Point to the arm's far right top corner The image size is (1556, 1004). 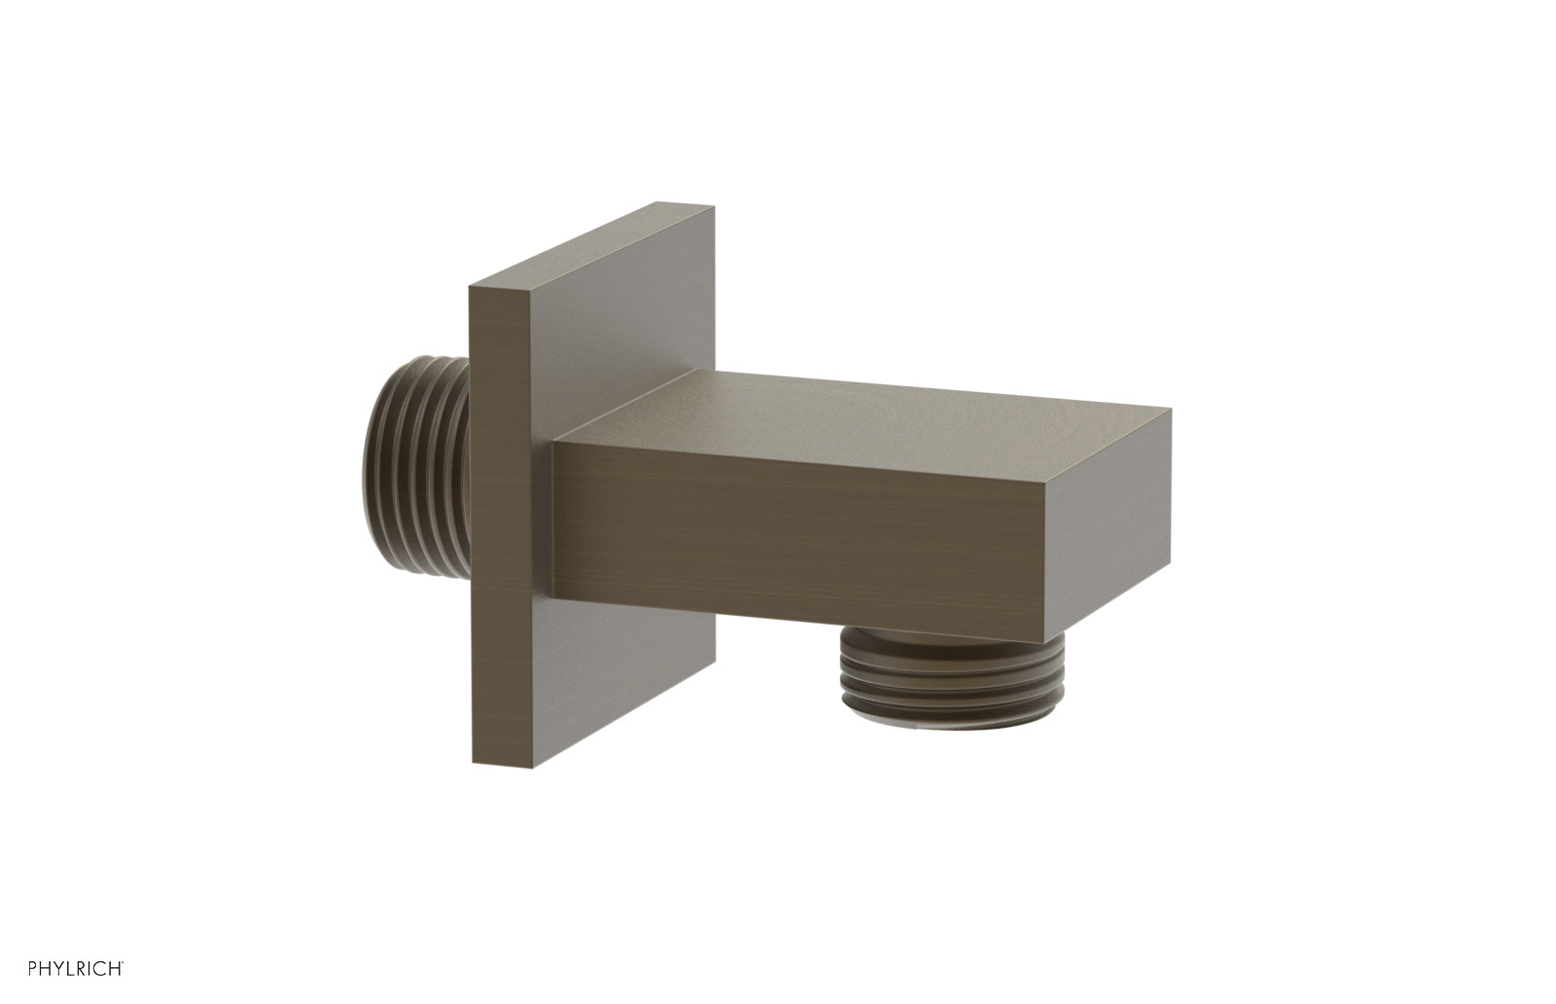pyautogui.click(x=1171, y=410)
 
